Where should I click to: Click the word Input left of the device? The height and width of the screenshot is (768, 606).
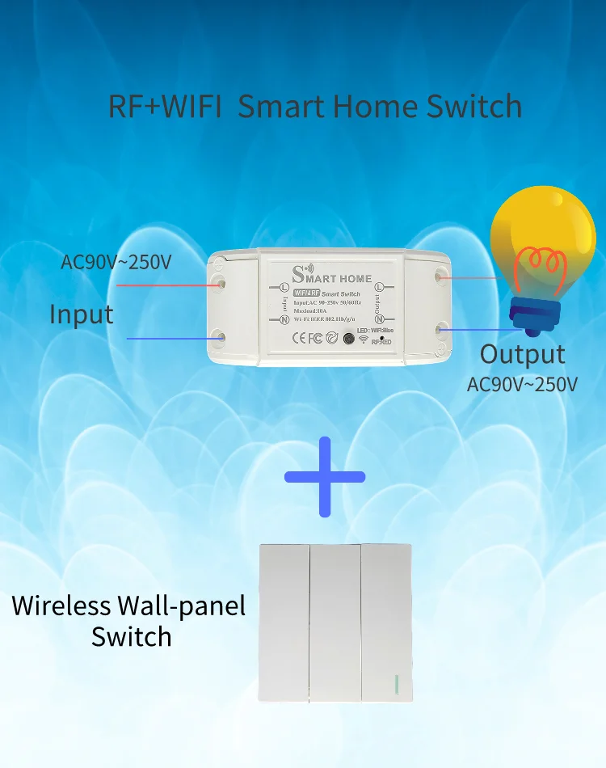click(x=82, y=314)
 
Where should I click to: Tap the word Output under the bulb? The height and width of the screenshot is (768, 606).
click(x=522, y=354)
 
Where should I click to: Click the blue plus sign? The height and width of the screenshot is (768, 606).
click(x=325, y=477)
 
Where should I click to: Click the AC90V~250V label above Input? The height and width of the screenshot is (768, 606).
click(x=116, y=262)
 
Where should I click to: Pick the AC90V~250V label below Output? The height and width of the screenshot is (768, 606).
click(x=522, y=384)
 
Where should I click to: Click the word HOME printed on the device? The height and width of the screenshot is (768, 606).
click(x=356, y=279)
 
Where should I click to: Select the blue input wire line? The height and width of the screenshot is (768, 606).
click(x=166, y=338)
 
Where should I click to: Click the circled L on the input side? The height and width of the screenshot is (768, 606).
click(x=284, y=287)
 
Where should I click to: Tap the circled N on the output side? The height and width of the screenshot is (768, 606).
click(x=379, y=319)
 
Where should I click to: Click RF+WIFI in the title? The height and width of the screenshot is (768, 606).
click(x=165, y=107)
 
